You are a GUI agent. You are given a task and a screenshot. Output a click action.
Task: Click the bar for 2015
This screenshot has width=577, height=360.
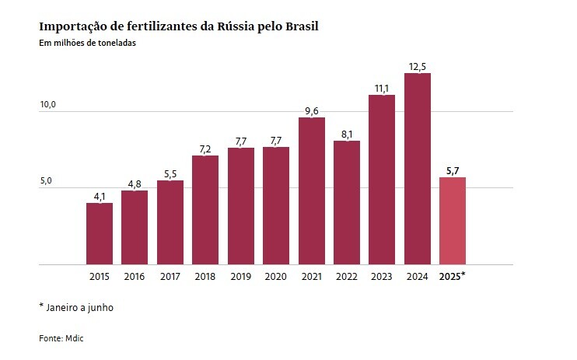click(100, 233)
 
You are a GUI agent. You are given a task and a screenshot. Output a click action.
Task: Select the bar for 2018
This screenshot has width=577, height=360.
click(205, 210)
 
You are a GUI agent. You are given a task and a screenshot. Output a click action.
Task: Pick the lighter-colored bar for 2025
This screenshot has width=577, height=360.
click(453, 221)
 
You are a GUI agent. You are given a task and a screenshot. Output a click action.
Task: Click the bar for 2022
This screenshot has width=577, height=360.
click(347, 202)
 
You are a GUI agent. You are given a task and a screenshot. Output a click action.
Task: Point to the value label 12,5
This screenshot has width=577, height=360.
click(417, 65)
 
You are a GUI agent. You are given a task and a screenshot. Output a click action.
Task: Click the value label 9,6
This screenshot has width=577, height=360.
click(311, 110)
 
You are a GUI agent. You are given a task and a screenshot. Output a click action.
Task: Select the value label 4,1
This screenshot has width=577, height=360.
click(100, 196)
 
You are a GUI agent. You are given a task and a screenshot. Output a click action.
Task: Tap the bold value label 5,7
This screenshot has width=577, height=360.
click(453, 170)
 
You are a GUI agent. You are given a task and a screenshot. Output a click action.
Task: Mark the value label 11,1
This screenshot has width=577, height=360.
click(382, 88)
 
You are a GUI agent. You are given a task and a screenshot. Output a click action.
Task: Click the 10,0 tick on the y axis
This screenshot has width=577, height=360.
click(47, 104)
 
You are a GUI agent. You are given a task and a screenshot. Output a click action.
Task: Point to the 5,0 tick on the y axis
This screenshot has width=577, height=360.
click(47, 181)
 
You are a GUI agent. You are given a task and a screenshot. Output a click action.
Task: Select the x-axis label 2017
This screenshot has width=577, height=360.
click(170, 277)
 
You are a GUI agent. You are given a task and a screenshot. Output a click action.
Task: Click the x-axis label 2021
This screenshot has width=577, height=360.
click(311, 277)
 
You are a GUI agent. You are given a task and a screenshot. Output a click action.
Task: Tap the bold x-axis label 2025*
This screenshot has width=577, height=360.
click(453, 277)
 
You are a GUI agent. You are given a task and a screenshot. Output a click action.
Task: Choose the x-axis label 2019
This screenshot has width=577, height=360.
click(240, 277)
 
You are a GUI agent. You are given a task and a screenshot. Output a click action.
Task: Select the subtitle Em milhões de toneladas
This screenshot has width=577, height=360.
click(87, 44)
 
